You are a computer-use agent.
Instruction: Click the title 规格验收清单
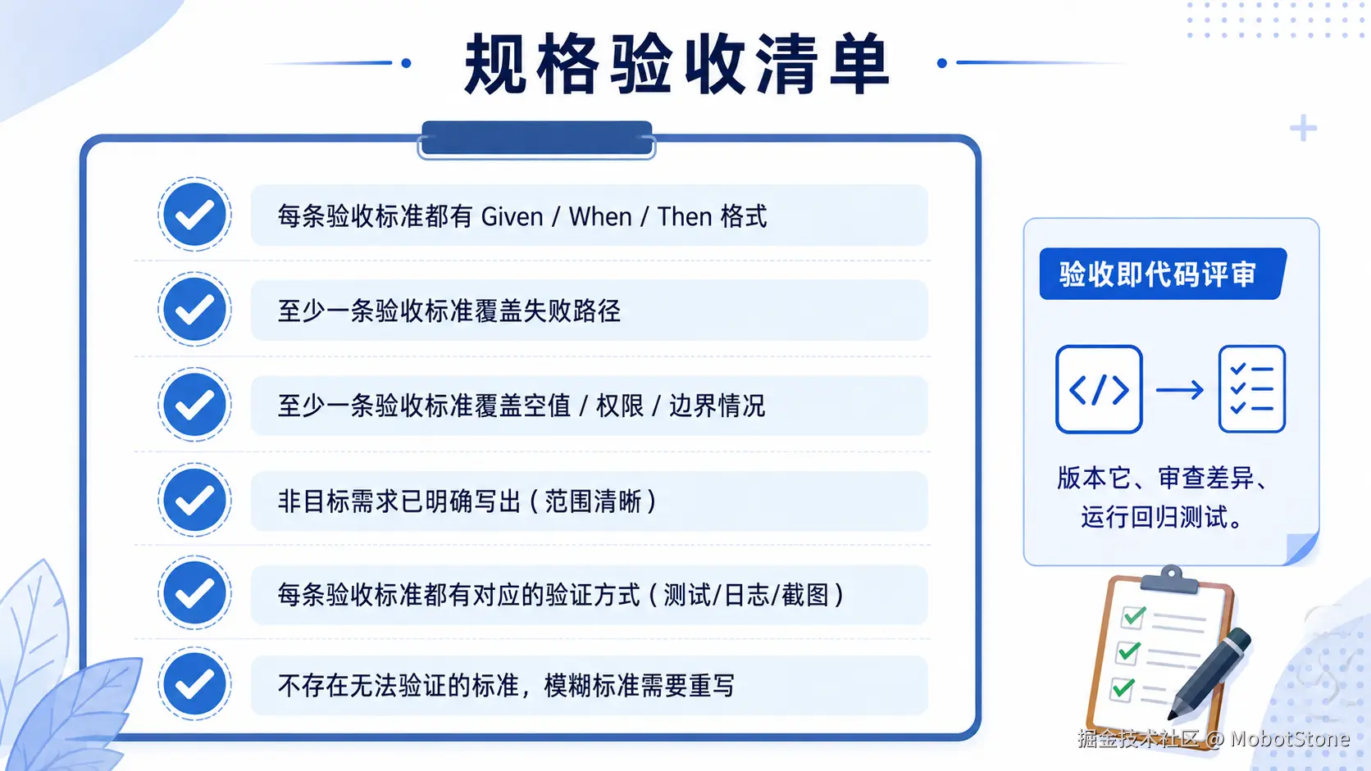pyautogui.click(x=676, y=64)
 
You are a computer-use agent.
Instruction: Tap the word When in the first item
pyautogui.click(x=600, y=217)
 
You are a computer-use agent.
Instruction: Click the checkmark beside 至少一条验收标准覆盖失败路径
pyautogui.click(x=194, y=310)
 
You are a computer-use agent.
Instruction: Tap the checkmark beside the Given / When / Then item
pyautogui.click(x=194, y=215)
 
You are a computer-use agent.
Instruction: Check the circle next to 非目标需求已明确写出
pyautogui.click(x=194, y=500)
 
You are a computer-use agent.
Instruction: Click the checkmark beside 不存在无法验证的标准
pyautogui.click(x=194, y=684)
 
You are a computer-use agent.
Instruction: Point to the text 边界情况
pyautogui.click(x=717, y=406)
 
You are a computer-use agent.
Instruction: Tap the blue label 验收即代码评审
pyautogui.click(x=1163, y=274)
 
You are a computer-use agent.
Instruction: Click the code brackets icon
pyautogui.click(x=1099, y=389)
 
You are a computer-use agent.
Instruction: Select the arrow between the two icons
pyautogui.click(x=1180, y=390)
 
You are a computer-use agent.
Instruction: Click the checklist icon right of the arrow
pyautogui.click(x=1251, y=389)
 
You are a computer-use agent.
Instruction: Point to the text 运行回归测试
pyautogui.click(x=1155, y=518)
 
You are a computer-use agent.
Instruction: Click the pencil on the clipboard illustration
pyautogui.click(x=1210, y=673)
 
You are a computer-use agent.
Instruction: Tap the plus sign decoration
pyautogui.click(x=1303, y=129)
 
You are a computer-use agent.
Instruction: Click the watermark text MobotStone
pyautogui.click(x=1290, y=739)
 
